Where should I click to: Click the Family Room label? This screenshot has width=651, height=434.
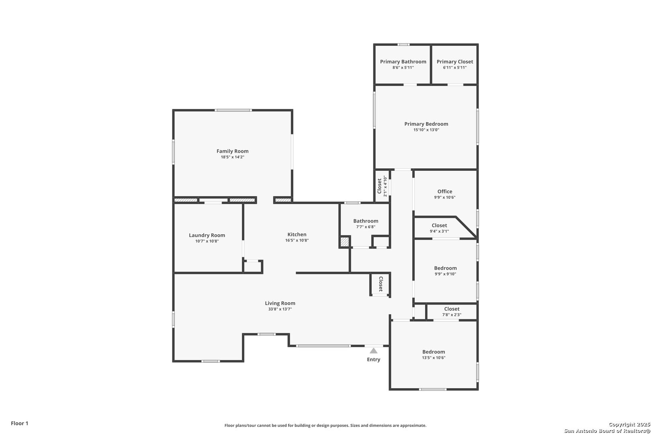click(x=233, y=151)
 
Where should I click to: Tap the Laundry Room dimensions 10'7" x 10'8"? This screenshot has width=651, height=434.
click(x=207, y=241)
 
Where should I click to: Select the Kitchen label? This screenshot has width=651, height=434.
click(x=297, y=235)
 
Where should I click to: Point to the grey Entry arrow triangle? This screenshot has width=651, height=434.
click(x=373, y=351)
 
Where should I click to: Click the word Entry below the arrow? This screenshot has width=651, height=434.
click(x=373, y=360)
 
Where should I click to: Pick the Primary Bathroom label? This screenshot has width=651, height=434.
click(x=403, y=61)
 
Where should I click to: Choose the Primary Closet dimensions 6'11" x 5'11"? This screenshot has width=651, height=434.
click(x=455, y=68)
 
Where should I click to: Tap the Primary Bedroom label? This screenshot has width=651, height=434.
click(x=426, y=124)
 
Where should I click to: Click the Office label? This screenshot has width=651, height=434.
click(x=445, y=192)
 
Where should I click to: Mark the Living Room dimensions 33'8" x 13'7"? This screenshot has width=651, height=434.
click(x=280, y=309)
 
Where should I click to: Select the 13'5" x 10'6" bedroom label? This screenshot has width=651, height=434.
click(x=434, y=352)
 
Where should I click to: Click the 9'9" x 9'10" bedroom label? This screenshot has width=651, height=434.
click(x=445, y=268)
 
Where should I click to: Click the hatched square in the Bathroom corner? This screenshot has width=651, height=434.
click(x=345, y=242)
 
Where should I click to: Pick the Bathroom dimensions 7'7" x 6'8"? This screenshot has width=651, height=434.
click(x=366, y=227)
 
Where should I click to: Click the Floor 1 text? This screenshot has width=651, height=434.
click(x=19, y=423)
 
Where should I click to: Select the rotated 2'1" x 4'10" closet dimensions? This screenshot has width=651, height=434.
click(x=385, y=186)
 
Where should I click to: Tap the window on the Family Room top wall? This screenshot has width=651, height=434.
click(x=233, y=110)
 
